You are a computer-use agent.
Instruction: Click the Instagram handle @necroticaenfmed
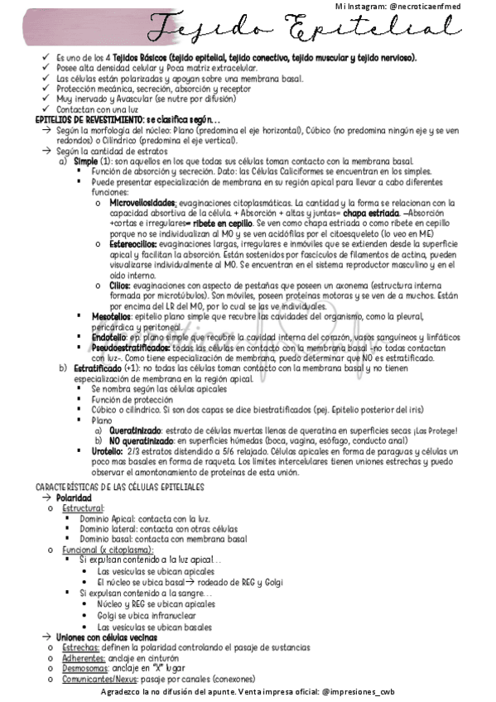click(x=440, y=6)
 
